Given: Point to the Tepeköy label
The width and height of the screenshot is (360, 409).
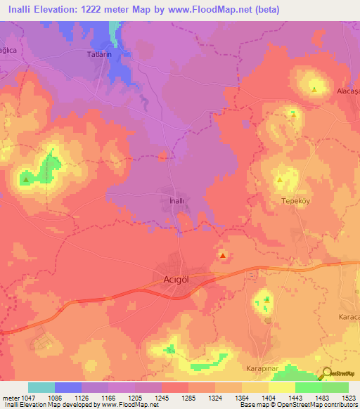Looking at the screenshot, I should point(296,200).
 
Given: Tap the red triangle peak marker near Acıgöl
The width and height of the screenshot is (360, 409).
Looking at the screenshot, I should point(223,256).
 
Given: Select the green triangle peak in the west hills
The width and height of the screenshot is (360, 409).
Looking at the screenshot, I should point(26,180).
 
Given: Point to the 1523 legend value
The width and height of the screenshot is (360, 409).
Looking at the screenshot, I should point(349,397).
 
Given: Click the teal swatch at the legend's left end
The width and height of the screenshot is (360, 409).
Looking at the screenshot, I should point(41,387).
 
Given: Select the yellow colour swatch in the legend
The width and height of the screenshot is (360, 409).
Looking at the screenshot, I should point(281,387).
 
